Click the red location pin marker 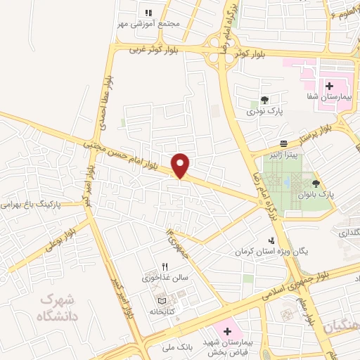coord(181,166)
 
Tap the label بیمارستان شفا coord(323,96)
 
